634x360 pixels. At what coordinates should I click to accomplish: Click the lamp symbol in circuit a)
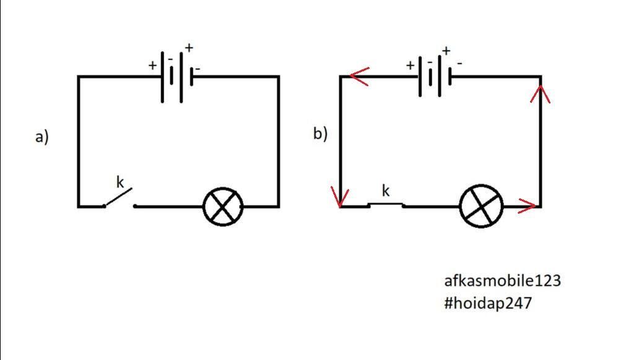(x=223, y=206)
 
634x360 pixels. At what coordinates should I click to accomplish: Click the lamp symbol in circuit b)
(x=481, y=206)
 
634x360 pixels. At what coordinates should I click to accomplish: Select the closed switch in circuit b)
(x=386, y=204)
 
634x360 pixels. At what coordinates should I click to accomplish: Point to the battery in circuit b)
(x=435, y=77)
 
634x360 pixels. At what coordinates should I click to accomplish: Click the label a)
(x=41, y=137)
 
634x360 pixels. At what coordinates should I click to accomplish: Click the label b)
(x=320, y=133)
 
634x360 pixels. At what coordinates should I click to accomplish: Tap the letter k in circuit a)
(x=120, y=182)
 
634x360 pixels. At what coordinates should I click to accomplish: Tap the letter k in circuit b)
(x=386, y=191)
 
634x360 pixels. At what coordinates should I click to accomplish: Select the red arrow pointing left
(x=359, y=77)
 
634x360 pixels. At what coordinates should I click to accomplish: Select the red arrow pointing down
(x=340, y=197)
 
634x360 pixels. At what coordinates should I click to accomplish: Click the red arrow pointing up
(x=542, y=94)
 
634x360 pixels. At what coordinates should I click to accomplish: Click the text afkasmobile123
(x=502, y=281)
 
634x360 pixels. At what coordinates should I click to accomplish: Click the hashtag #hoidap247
(x=487, y=304)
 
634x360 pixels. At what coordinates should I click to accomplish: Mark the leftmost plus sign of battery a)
(x=152, y=65)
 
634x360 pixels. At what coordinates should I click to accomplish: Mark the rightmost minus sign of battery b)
(x=459, y=63)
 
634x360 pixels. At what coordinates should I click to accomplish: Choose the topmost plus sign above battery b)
(x=446, y=51)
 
